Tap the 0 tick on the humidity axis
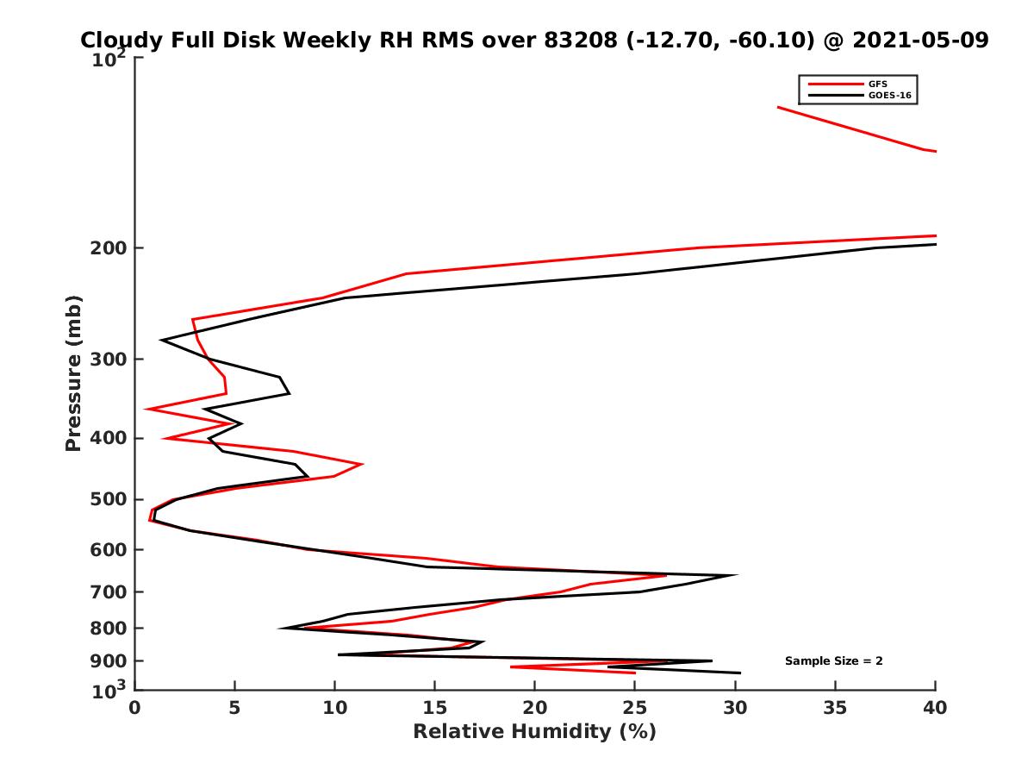point(135,708)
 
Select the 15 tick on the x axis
point(435,708)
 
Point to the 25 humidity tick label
point(635,708)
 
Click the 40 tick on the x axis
point(935,708)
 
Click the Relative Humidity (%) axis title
point(534,732)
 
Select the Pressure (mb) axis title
point(73,372)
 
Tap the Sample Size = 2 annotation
point(833,661)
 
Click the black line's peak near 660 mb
point(735,575)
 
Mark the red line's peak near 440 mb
point(362,464)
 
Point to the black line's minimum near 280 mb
point(161,341)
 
